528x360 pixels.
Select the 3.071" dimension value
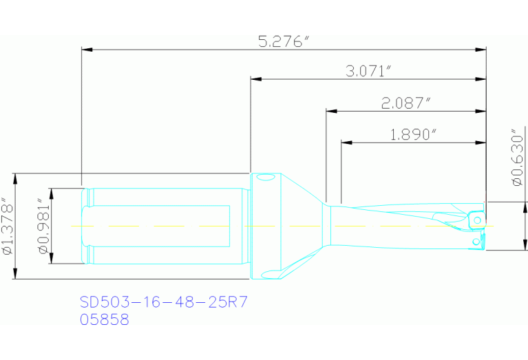tap(368, 71)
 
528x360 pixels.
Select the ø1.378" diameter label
tap(8, 226)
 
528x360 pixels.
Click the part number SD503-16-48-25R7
tap(163, 301)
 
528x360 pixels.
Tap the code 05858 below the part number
tap(104, 319)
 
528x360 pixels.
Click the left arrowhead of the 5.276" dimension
tap(87, 49)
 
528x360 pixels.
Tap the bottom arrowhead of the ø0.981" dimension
tap(51, 260)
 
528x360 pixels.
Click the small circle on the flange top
tap(264, 178)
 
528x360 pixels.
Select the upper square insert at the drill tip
tap(476, 218)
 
